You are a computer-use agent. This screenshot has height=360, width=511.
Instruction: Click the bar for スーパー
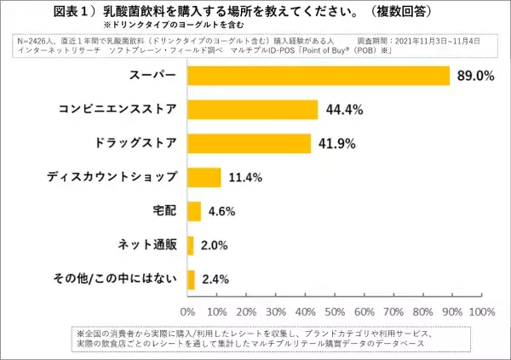pos(318,75)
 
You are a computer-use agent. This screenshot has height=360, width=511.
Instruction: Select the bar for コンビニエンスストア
pos(252,109)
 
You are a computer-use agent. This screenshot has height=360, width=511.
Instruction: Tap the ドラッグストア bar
pos(249,143)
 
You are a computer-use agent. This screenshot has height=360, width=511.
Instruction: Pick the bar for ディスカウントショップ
pos(204,177)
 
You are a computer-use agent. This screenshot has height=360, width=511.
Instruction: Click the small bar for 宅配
pos(193,211)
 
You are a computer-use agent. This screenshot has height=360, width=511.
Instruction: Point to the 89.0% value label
pos(475,76)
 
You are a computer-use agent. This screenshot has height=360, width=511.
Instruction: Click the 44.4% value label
pos(343,110)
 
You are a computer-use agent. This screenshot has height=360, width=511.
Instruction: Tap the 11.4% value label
pos(245,178)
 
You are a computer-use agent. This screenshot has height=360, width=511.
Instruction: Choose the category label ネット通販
pos(147,245)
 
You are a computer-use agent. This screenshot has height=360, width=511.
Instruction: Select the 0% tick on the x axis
pos(188,311)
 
